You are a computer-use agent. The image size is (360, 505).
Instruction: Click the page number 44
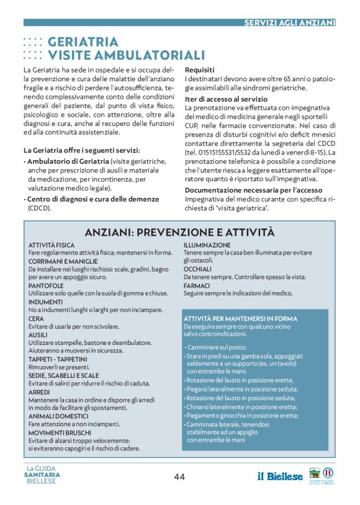click(179, 476)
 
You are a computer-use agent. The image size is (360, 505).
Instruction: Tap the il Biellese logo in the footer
click(281, 476)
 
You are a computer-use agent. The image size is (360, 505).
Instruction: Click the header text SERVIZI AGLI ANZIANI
click(289, 22)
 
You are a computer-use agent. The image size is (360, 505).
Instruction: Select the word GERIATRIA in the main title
click(83, 42)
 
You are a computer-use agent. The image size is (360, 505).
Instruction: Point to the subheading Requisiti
click(200, 70)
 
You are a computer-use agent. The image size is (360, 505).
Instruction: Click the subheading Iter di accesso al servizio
click(226, 99)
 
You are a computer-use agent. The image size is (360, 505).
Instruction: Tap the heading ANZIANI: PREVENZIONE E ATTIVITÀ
click(179, 232)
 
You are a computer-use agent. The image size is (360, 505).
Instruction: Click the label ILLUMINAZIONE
click(207, 246)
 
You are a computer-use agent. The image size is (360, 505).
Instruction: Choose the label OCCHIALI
click(199, 269)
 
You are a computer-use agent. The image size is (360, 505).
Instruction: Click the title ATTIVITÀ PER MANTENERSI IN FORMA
click(240, 319)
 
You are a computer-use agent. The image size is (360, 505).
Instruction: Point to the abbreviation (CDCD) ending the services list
click(39, 208)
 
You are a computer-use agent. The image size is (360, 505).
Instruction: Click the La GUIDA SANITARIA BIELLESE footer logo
click(43, 475)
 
